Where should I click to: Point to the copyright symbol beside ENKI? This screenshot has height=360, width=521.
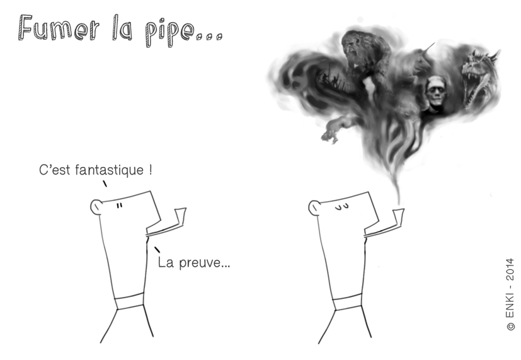click(x=510, y=327)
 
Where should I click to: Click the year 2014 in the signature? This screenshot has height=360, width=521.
click(x=510, y=268)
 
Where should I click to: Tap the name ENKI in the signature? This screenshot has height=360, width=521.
click(x=510, y=305)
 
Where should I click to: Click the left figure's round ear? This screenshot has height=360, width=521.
click(x=96, y=206)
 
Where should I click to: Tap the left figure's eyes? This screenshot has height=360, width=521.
click(x=118, y=205)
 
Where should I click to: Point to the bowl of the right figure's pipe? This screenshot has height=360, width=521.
click(x=397, y=214)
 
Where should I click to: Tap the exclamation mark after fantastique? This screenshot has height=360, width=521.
click(x=151, y=171)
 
